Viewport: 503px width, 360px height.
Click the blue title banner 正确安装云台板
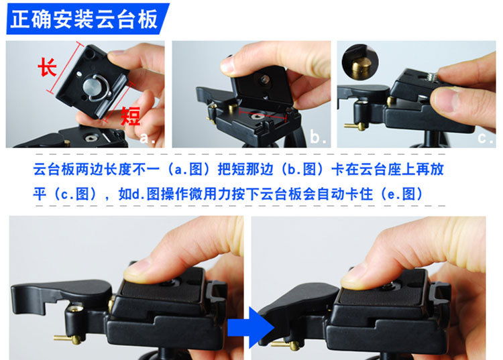coord(87,19)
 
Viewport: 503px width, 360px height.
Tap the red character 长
coord(47,67)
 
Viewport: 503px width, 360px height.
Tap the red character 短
coord(131,116)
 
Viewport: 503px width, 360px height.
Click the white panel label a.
coord(148,138)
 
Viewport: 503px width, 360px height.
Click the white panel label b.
coord(318,137)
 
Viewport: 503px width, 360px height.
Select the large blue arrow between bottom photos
coord(251,327)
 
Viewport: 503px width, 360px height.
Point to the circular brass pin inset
coord(360,62)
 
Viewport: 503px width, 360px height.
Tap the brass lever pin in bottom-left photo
coord(68,339)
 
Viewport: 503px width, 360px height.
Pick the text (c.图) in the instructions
coord(75,194)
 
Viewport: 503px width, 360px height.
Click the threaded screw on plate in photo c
coord(429,77)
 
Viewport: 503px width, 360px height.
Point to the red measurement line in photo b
coord(263,115)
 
